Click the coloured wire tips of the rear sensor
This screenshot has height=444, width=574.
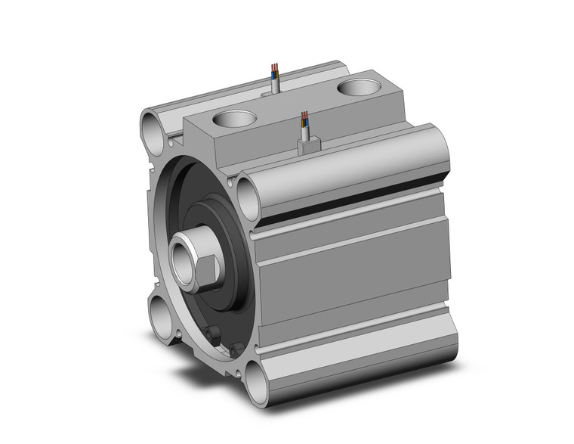click(x=275, y=73)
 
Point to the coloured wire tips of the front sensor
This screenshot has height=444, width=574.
click(x=304, y=118)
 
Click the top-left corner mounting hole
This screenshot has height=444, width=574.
click(x=153, y=130)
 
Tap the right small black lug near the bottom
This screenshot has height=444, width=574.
click(x=236, y=349)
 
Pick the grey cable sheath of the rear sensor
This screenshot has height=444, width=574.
click(x=275, y=85)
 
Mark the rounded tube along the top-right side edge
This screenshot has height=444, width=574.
click(x=355, y=159)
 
